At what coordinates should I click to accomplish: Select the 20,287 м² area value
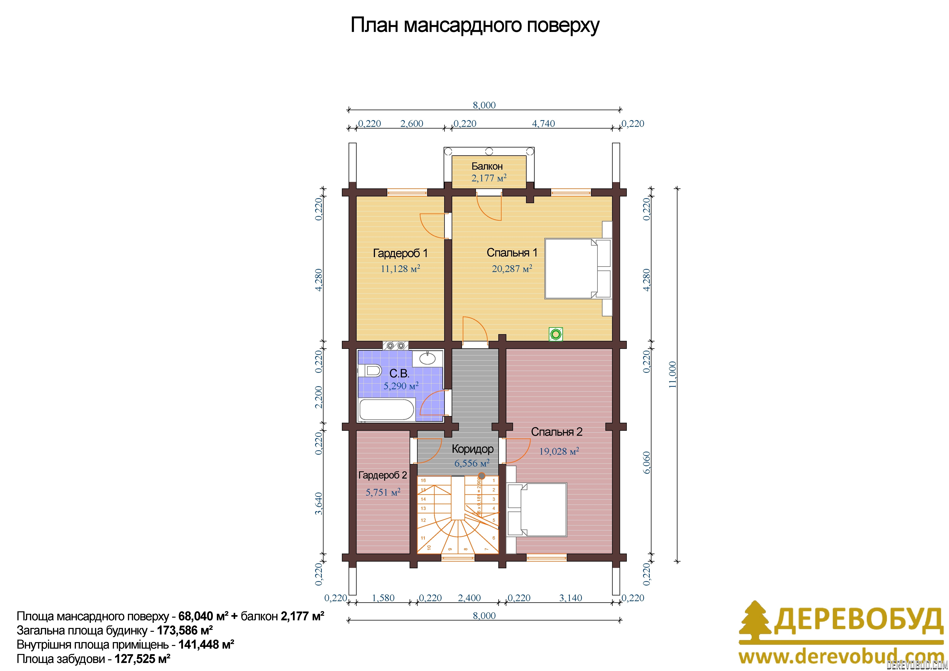coord(512,269)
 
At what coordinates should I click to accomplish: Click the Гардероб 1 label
coord(400,253)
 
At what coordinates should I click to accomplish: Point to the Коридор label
coord(472,449)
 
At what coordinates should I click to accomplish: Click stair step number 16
coord(423,480)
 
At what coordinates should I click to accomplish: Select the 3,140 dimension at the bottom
coord(570,598)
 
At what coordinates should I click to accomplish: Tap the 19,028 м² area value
coord(559,451)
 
